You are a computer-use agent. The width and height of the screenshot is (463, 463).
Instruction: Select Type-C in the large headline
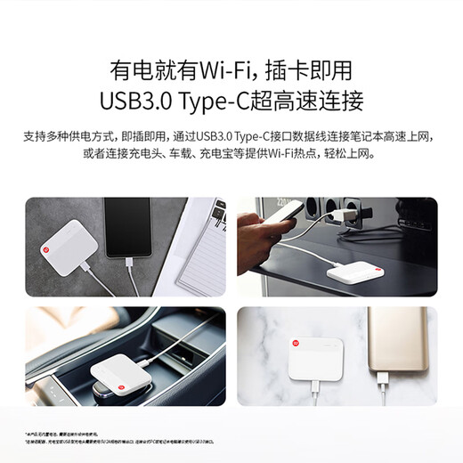(x=245, y=99)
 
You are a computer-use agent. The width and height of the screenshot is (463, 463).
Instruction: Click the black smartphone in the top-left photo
(x=128, y=228)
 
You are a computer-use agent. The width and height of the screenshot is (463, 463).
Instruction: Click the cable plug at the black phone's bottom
(x=130, y=264)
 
